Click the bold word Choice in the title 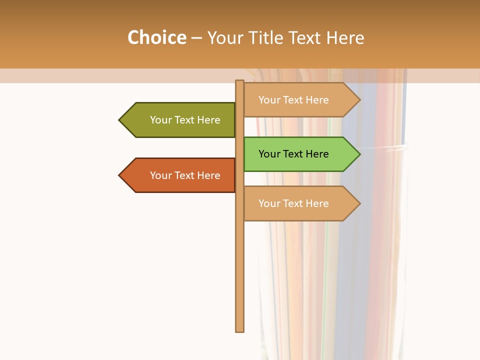tap(156, 37)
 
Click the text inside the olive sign tap(185, 120)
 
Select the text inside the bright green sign tap(293, 154)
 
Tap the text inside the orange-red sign tap(185, 175)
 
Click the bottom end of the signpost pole tap(239, 330)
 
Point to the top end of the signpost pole tap(239, 82)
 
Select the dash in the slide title tap(196, 38)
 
